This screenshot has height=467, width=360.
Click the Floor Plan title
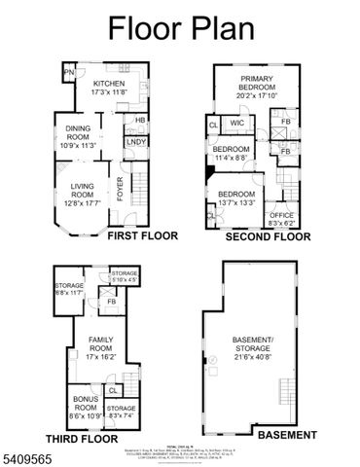tap(179, 28)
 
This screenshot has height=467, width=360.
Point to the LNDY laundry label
tap(135, 142)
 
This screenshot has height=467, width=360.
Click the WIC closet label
tap(236, 124)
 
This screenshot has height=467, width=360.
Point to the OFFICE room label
tap(282, 218)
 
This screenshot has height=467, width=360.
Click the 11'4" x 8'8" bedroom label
tap(226, 154)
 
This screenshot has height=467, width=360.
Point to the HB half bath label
tap(140, 121)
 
